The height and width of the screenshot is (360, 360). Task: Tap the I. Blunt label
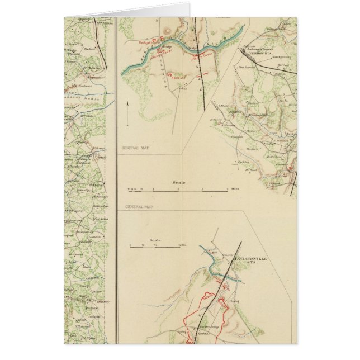tap(223, 105)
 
